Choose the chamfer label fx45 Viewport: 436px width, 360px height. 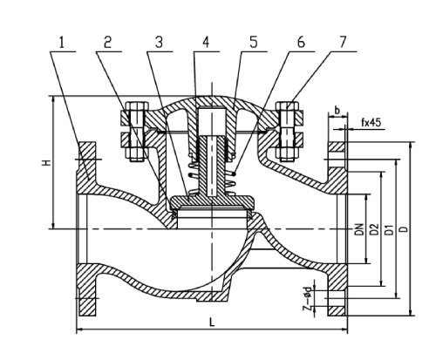[x=372, y=122]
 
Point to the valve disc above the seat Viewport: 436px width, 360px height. [x=210, y=203]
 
